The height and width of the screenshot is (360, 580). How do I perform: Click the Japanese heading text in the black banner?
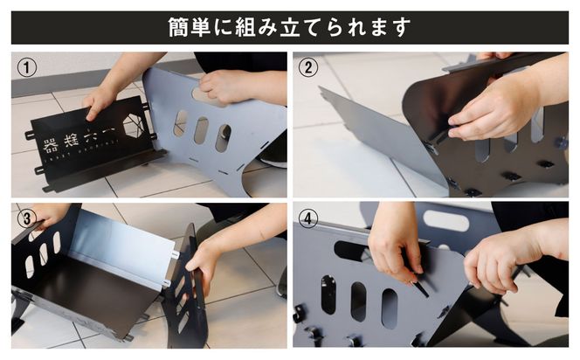click(289, 28)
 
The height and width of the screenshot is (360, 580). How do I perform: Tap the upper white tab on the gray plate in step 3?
click(175, 253)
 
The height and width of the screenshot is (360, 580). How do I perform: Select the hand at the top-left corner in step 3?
click(48, 213)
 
